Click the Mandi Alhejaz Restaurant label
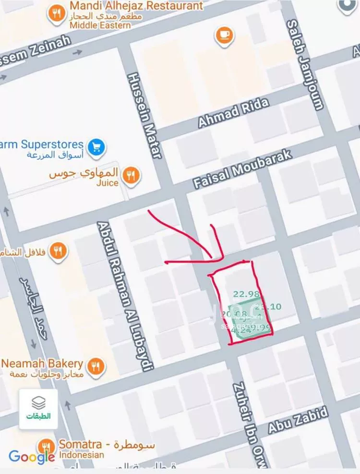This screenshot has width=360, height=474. tap(136, 6)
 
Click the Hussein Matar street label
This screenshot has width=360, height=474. tap(145, 116)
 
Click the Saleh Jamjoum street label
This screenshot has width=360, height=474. tap(305, 65)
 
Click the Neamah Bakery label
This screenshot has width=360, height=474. tap(42, 363)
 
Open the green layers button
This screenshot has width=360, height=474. tap(38, 408)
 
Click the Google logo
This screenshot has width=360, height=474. tap(31, 457)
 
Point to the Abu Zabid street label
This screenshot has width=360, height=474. tap(298, 419)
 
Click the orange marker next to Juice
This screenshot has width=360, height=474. tap(130, 175)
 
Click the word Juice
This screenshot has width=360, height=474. tap(108, 182)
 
